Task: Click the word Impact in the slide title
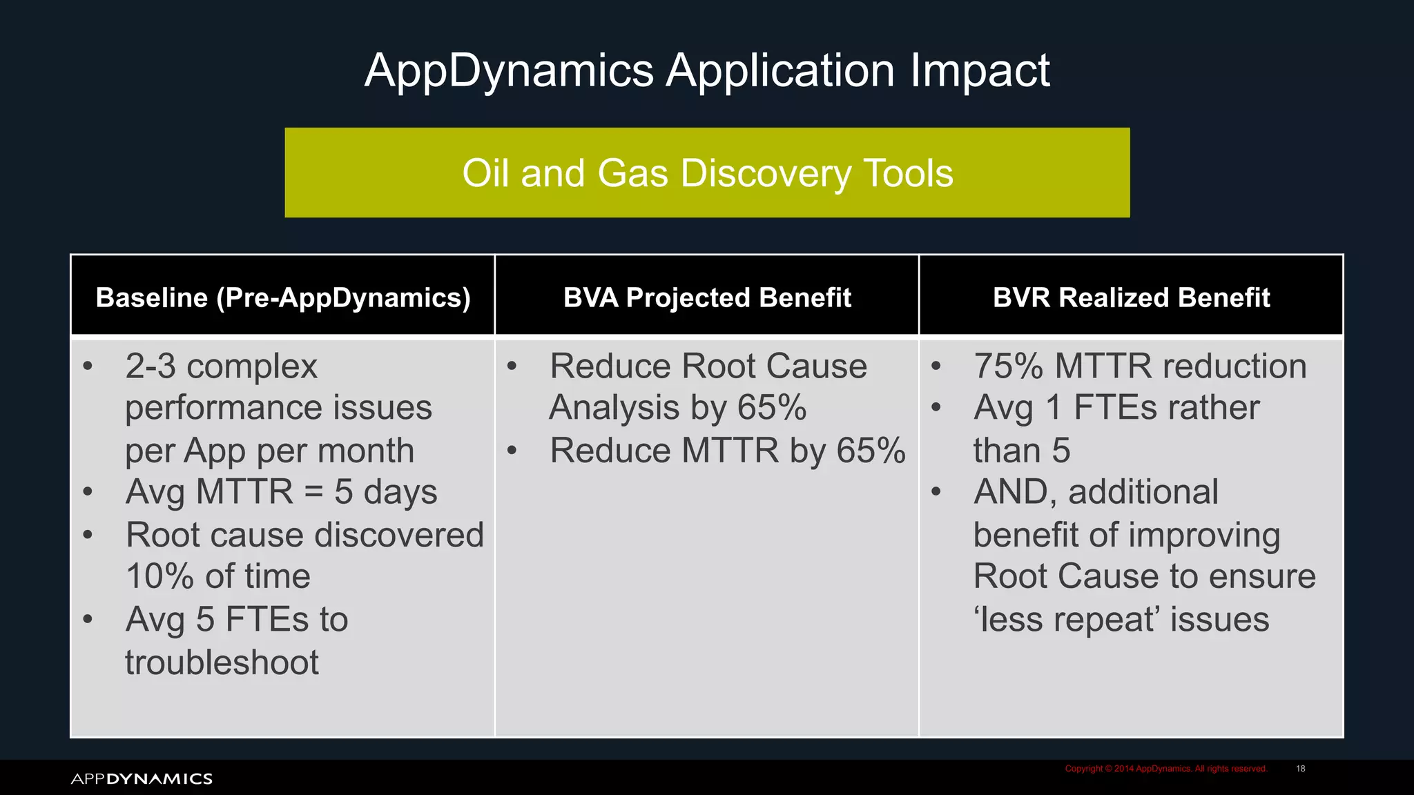point(979,70)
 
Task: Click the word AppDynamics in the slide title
point(509,70)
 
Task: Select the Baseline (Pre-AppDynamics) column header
point(283,297)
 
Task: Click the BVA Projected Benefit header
point(707,297)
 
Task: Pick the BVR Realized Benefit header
point(1131,297)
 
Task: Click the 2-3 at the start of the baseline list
point(151,366)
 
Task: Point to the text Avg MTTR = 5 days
point(281,492)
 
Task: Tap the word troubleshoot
point(222,662)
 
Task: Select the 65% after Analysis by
point(771,408)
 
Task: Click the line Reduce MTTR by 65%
point(727,451)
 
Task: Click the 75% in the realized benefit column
point(1009,366)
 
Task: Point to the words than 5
point(1022,451)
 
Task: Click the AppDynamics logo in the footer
point(142,778)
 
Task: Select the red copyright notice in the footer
point(1165,769)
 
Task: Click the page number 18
point(1300,769)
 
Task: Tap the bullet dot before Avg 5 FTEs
point(88,619)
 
